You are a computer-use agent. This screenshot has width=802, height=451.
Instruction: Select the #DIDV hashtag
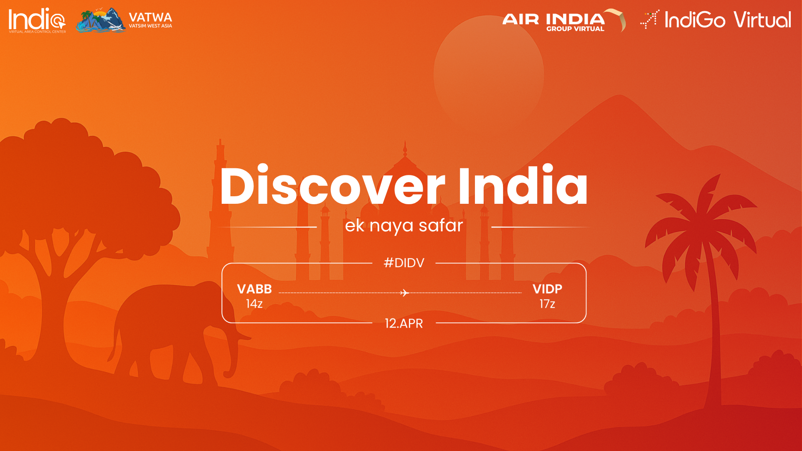tap(404, 263)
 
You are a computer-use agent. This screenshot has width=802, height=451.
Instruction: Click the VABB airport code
tap(254, 289)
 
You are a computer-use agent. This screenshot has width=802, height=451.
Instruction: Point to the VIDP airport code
tap(547, 289)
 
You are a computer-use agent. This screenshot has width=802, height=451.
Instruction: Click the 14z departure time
tap(254, 304)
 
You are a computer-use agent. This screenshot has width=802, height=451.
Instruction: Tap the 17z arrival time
tap(547, 304)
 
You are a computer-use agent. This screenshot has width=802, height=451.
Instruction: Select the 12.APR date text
tap(404, 323)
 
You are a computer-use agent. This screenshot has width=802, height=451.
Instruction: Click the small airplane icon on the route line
tap(404, 293)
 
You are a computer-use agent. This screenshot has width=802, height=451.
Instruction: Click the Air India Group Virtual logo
tap(564, 20)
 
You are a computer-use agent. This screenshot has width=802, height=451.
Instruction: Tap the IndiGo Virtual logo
tap(716, 20)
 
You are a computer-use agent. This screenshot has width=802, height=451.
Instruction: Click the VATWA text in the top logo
tap(150, 18)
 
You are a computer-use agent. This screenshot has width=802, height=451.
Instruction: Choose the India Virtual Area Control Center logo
tap(37, 20)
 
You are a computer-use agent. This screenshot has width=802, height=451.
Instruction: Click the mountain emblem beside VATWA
tap(101, 20)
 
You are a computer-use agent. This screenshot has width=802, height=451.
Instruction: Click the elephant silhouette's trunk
tap(234, 351)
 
